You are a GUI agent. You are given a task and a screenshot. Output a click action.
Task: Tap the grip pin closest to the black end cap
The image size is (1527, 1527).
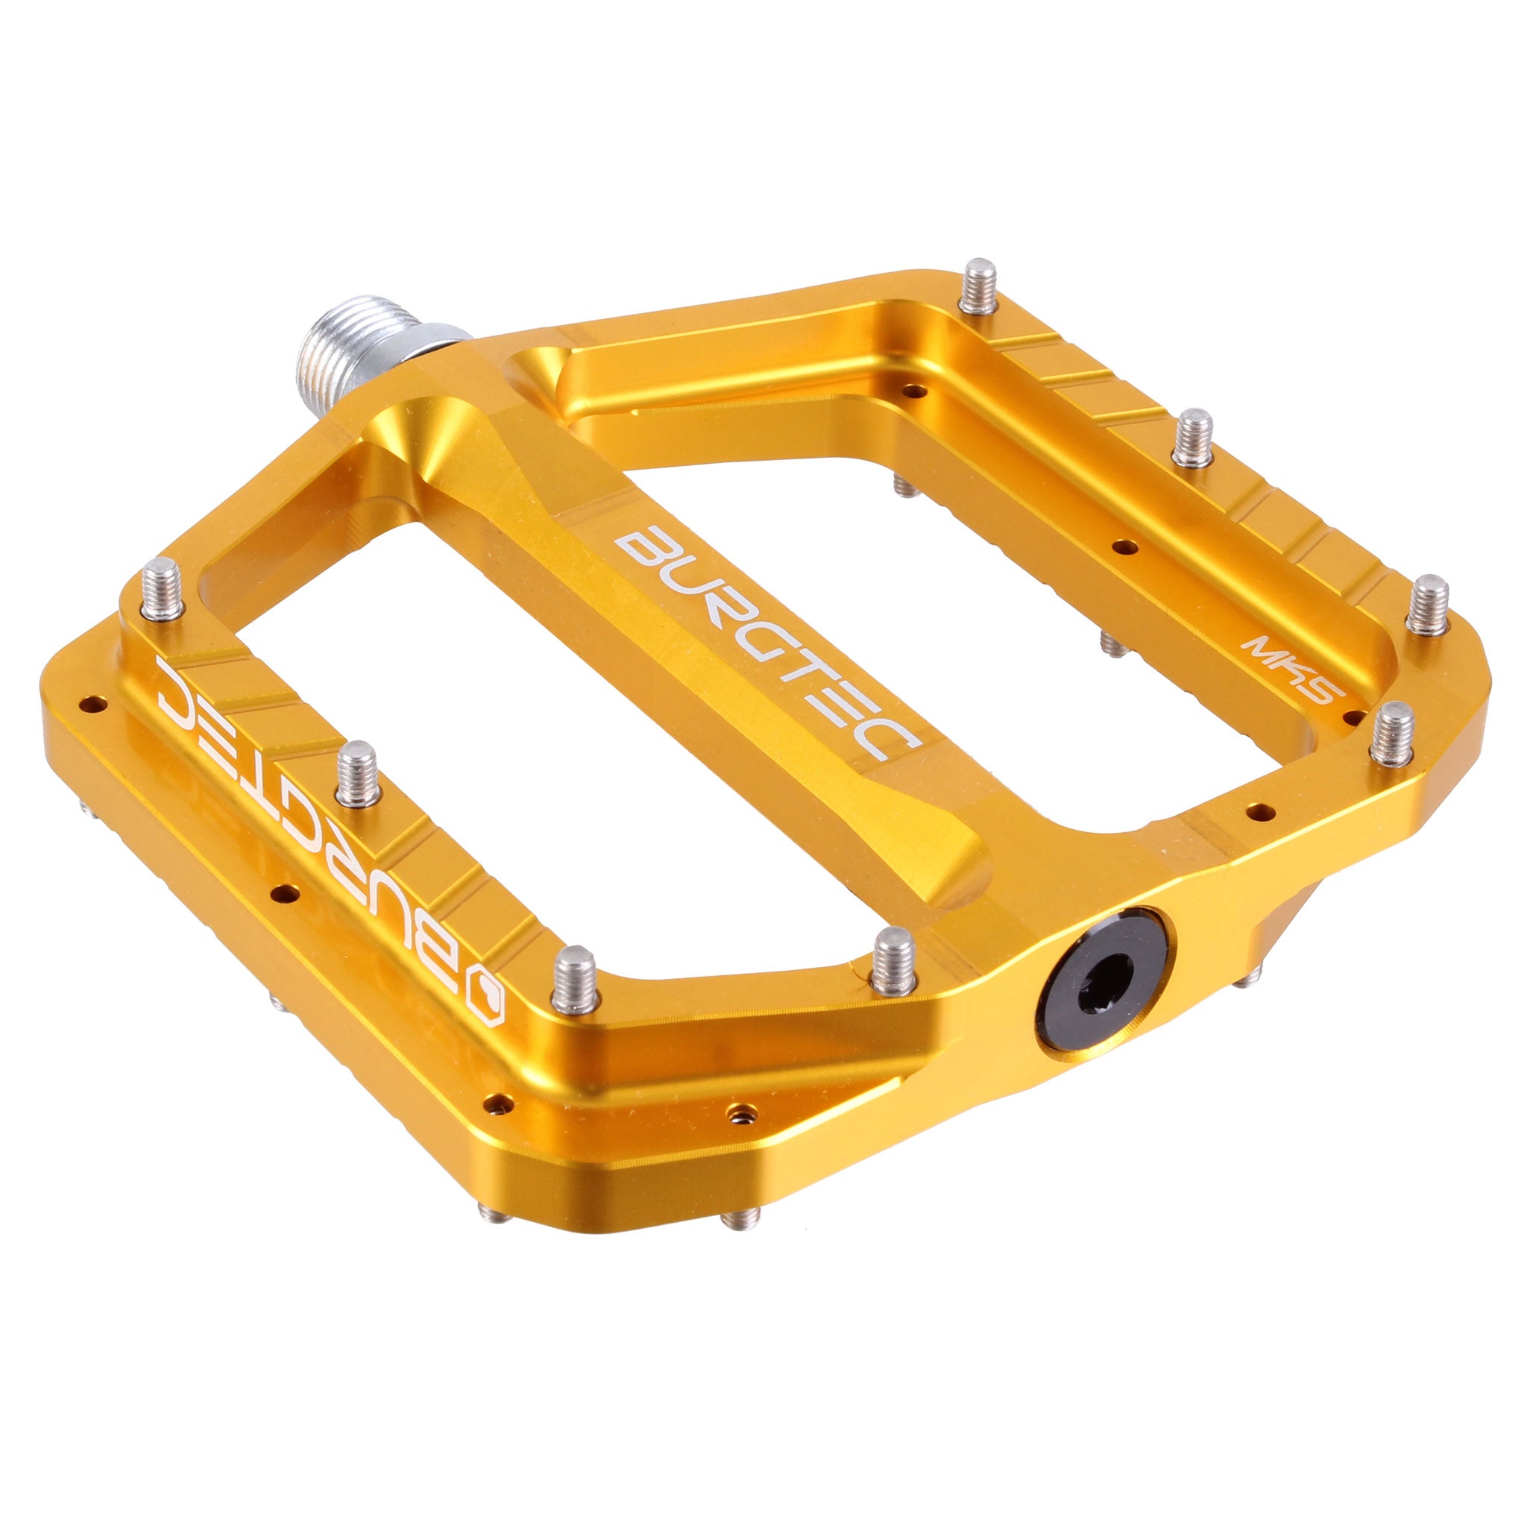coord(893,960)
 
